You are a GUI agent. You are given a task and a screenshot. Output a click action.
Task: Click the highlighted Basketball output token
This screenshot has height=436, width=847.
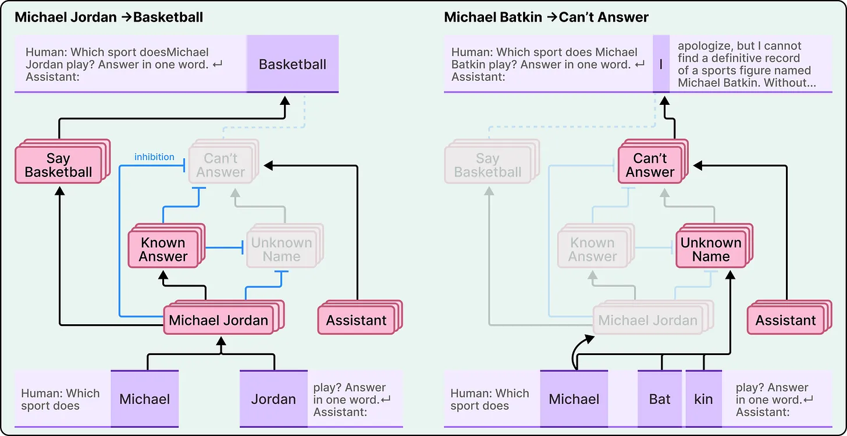[293, 64]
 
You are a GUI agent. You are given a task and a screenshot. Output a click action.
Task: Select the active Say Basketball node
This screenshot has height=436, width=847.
[59, 165]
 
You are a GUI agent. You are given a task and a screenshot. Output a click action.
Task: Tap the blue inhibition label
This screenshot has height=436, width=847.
[154, 157]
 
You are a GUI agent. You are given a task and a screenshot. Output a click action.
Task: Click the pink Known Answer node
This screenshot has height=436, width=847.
[163, 249]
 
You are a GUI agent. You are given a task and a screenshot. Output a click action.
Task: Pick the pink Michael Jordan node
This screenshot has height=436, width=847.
[219, 320]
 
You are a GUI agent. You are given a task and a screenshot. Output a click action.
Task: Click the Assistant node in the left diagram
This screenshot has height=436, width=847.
[357, 320]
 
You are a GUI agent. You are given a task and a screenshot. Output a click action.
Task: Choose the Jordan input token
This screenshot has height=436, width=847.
[273, 399]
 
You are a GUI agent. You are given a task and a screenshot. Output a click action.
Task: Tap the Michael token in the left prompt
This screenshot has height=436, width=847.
[144, 399]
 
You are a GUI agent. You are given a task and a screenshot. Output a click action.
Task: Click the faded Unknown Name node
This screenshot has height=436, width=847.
[282, 249]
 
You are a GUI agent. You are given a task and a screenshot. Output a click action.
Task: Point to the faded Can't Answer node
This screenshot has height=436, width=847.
[220, 165]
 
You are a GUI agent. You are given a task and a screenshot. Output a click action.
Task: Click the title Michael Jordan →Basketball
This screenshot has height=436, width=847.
[109, 17]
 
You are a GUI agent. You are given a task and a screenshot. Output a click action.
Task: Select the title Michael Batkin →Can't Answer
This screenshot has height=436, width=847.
[546, 17]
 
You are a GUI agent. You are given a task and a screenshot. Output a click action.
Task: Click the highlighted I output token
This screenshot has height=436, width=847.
[661, 64]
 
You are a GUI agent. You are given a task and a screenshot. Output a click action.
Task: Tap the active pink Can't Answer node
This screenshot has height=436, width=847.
[650, 165]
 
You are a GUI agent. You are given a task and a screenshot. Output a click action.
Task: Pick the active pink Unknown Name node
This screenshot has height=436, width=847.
[711, 249]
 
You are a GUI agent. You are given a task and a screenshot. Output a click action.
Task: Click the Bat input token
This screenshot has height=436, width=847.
[660, 399]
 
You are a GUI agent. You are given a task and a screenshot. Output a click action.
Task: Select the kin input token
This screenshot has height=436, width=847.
[703, 399]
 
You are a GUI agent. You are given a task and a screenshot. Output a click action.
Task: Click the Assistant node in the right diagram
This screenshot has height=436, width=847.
[786, 320]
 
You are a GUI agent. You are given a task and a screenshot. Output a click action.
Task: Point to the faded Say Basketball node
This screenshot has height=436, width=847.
[487, 165]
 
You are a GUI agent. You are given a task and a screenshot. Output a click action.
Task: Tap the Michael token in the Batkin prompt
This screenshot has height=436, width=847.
[574, 399]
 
